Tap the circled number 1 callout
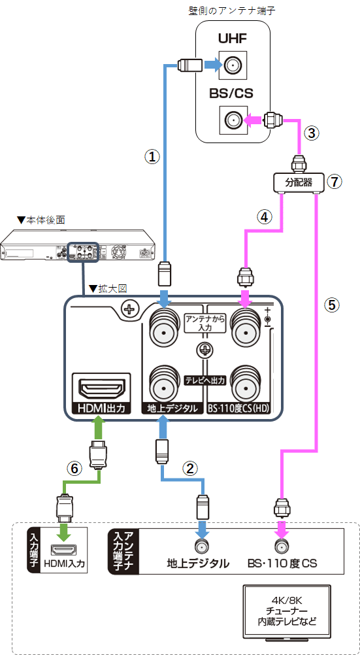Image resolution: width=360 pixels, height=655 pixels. [x=152, y=157]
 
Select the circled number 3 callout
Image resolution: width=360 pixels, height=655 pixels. [x=311, y=133]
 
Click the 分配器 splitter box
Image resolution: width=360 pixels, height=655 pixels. [x=298, y=182]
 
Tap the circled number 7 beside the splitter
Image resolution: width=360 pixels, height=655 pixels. [x=335, y=181]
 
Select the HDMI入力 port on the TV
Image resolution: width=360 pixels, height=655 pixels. [x=64, y=549]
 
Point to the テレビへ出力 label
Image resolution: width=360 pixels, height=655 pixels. [x=205, y=380]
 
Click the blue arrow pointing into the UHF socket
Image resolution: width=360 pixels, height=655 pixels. [x=211, y=65]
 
